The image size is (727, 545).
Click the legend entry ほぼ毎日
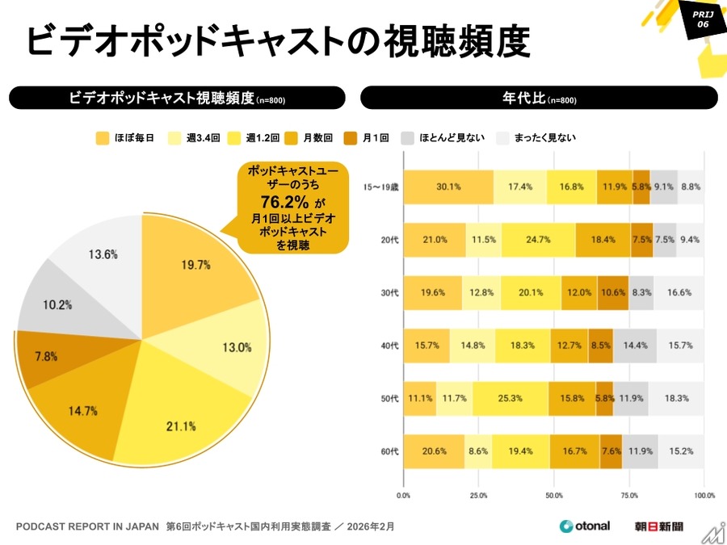[x=120, y=138]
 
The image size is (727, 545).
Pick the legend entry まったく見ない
[x=536, y=138]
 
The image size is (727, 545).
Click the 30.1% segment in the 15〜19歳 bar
[x=448, y=187]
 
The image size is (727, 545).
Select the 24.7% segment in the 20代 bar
[x=538, y=240]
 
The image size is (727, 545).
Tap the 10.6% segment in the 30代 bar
[x=611, y=292]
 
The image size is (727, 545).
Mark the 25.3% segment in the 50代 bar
[x=511, y=398]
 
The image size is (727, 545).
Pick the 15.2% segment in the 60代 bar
[x=680, y=451]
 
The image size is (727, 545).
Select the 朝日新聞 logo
[x=659, y=526]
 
